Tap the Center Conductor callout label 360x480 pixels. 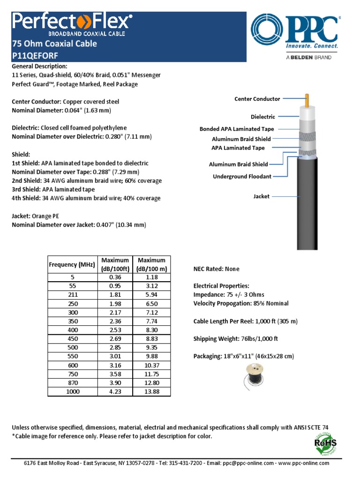coord(257,99)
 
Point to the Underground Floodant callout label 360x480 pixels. coord(242,176)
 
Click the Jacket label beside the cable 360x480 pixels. coord(261,196)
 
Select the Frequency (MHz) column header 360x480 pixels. coord(72,264)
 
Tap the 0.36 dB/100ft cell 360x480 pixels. coord(115,277)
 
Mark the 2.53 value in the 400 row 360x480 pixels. coord(115,330)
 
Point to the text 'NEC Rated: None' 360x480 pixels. coord(216,269)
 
